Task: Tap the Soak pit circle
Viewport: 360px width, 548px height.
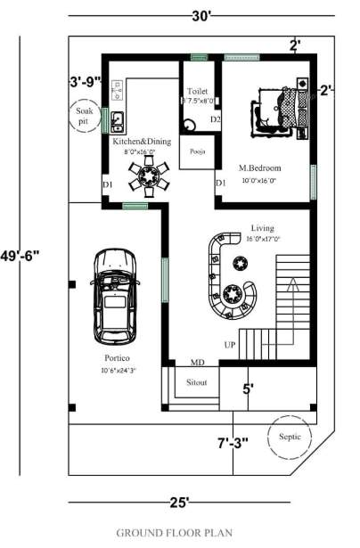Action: click(84, 115)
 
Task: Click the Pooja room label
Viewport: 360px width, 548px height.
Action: click(197, 151)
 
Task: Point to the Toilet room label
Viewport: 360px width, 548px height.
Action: click(198, 92)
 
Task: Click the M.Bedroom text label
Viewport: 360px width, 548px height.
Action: click(259, 168)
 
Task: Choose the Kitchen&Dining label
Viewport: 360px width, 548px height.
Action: click(140, 141)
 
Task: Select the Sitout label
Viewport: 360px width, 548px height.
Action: click(198, 382)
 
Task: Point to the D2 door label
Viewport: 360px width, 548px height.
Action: click(215, 119)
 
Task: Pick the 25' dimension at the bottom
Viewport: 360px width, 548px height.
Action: click(178, 503)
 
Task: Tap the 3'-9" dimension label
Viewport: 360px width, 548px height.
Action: click(86, 82)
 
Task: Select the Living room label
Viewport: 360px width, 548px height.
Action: click(264, 227)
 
